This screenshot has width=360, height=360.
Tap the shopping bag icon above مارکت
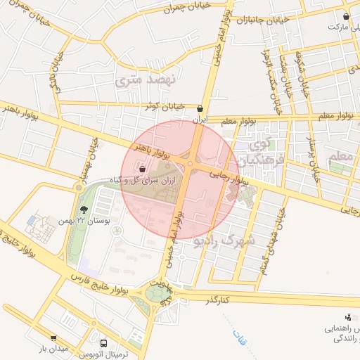[x=346, y=16]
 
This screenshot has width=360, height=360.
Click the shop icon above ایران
[x=202, y=109]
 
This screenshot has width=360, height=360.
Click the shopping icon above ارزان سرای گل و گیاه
[x=142, y=169]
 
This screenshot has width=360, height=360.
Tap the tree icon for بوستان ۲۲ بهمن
[x=84, y=210]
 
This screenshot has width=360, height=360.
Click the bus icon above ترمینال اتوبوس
[x=104, y=344]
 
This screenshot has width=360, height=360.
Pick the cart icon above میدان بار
[x=53, y=338]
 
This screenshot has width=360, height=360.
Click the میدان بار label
[x=52, y=349]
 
